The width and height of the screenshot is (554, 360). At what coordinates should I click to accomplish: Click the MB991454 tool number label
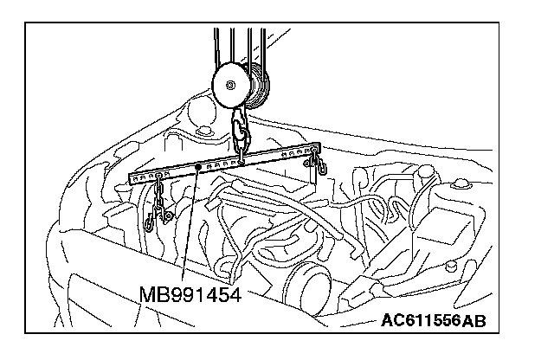189,295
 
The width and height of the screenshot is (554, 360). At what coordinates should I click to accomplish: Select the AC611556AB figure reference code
432,321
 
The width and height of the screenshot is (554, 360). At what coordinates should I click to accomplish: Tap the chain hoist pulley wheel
231,85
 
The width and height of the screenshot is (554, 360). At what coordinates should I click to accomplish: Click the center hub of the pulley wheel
231,85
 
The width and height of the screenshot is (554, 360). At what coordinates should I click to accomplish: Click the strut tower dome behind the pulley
203,115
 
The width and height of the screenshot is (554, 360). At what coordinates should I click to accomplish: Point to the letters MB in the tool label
151,295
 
